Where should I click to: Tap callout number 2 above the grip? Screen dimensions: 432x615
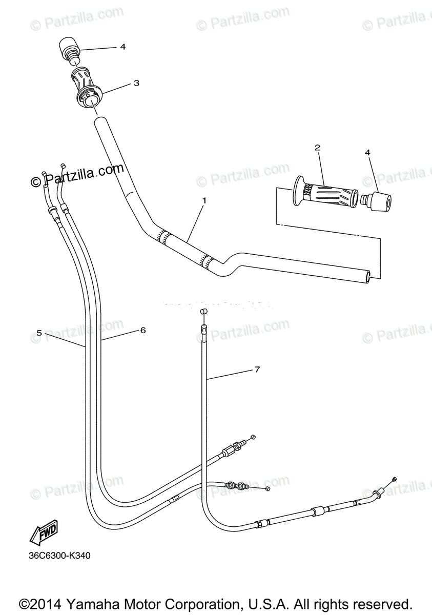pyautogui.click(x=317, y=148)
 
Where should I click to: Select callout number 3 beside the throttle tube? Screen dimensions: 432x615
pyautogui.click(x=136, y=83)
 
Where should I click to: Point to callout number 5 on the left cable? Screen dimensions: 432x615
pyautogui.click(x=39, y=333)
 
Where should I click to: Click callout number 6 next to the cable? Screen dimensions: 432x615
pyautogui.click(x=143, y=331)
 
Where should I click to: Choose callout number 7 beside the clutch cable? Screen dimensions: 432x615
pyautogui.click(x=257, y=369)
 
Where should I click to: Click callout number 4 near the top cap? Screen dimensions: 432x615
pyautogui.click(x=123, y=47)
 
